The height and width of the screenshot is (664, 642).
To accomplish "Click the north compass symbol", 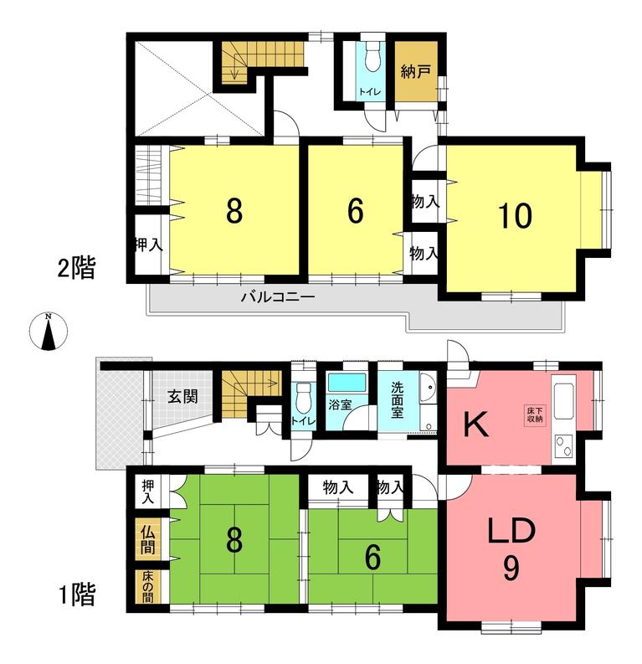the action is [49, 332].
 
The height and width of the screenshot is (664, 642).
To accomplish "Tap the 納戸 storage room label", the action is [415, 71].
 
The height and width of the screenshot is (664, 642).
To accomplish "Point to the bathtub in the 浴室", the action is [347, 383].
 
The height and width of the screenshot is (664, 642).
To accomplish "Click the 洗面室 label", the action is [397, 399].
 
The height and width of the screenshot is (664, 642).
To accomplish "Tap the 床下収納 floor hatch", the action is [535, 415].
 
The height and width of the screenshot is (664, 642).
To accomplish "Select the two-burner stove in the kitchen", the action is [562, 446].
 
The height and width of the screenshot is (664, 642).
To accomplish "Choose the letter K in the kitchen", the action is [476, 425].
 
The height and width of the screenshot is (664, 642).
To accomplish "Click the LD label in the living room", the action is [511, 532].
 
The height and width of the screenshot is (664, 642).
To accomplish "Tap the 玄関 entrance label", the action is [182, 397].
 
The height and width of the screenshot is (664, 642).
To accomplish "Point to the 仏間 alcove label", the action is [147, 540].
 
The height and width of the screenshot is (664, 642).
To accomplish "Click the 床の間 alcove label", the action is [147, 587].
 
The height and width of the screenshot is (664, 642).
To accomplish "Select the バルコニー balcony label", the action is [278, 296].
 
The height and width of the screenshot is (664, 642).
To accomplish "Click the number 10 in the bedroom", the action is [514, 216].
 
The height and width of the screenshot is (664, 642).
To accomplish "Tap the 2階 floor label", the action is [77, 268].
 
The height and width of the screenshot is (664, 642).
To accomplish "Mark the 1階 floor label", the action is [77, 594].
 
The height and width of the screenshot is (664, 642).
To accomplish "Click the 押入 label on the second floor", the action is [148, 245].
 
